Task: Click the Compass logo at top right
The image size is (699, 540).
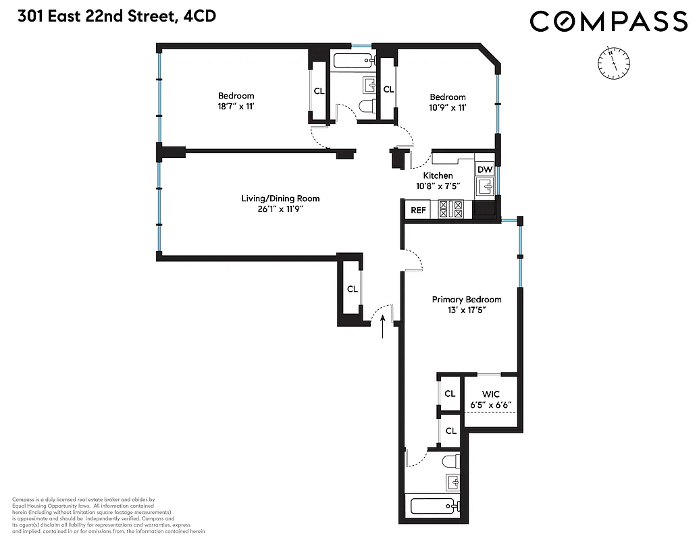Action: pyautogui.click(x=608, y=21)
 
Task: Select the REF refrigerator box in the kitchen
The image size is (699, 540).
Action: pyautogui.click(x=419, y=210)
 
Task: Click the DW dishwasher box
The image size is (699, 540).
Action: pyautogui.click(x=485, y=169)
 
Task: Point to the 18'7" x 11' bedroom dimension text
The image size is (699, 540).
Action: pyautogui.click(x=236, y=107)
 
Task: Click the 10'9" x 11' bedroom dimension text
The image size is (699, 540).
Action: pyautogui.click(x=447, y=107)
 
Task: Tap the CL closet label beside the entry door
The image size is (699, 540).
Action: pyautogui.click(x=352, y=289)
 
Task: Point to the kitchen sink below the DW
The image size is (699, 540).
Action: pyautogui.click(x=487, y=186)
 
